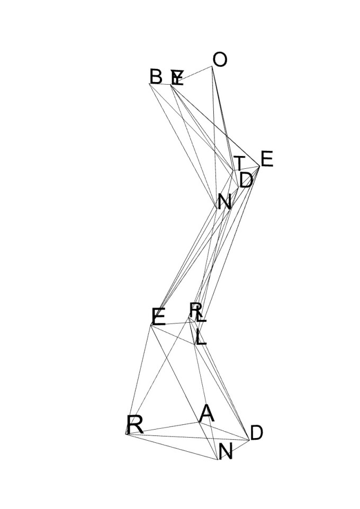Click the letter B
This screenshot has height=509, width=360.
pos(156,77)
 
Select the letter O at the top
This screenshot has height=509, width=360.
pos(219,60)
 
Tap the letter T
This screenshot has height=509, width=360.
pos(240,163)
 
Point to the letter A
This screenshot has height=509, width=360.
pos(206,414)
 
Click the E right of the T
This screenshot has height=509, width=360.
pos(266,159)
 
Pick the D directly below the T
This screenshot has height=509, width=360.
pos(246,180)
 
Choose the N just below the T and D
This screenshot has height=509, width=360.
pos(224,202)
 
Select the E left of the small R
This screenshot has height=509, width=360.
pos(158,317)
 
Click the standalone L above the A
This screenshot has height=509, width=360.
pos(200,338)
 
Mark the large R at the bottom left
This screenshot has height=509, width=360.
pos(135,425)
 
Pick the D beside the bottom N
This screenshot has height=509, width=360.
pos(256,433)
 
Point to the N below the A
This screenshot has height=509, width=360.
pos(226,452)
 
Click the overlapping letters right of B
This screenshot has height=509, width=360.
pos(177,78)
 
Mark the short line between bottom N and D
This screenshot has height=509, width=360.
pos(234,449)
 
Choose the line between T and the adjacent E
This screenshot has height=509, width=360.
pos(247,169)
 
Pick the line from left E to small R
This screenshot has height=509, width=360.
pos(170,321)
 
